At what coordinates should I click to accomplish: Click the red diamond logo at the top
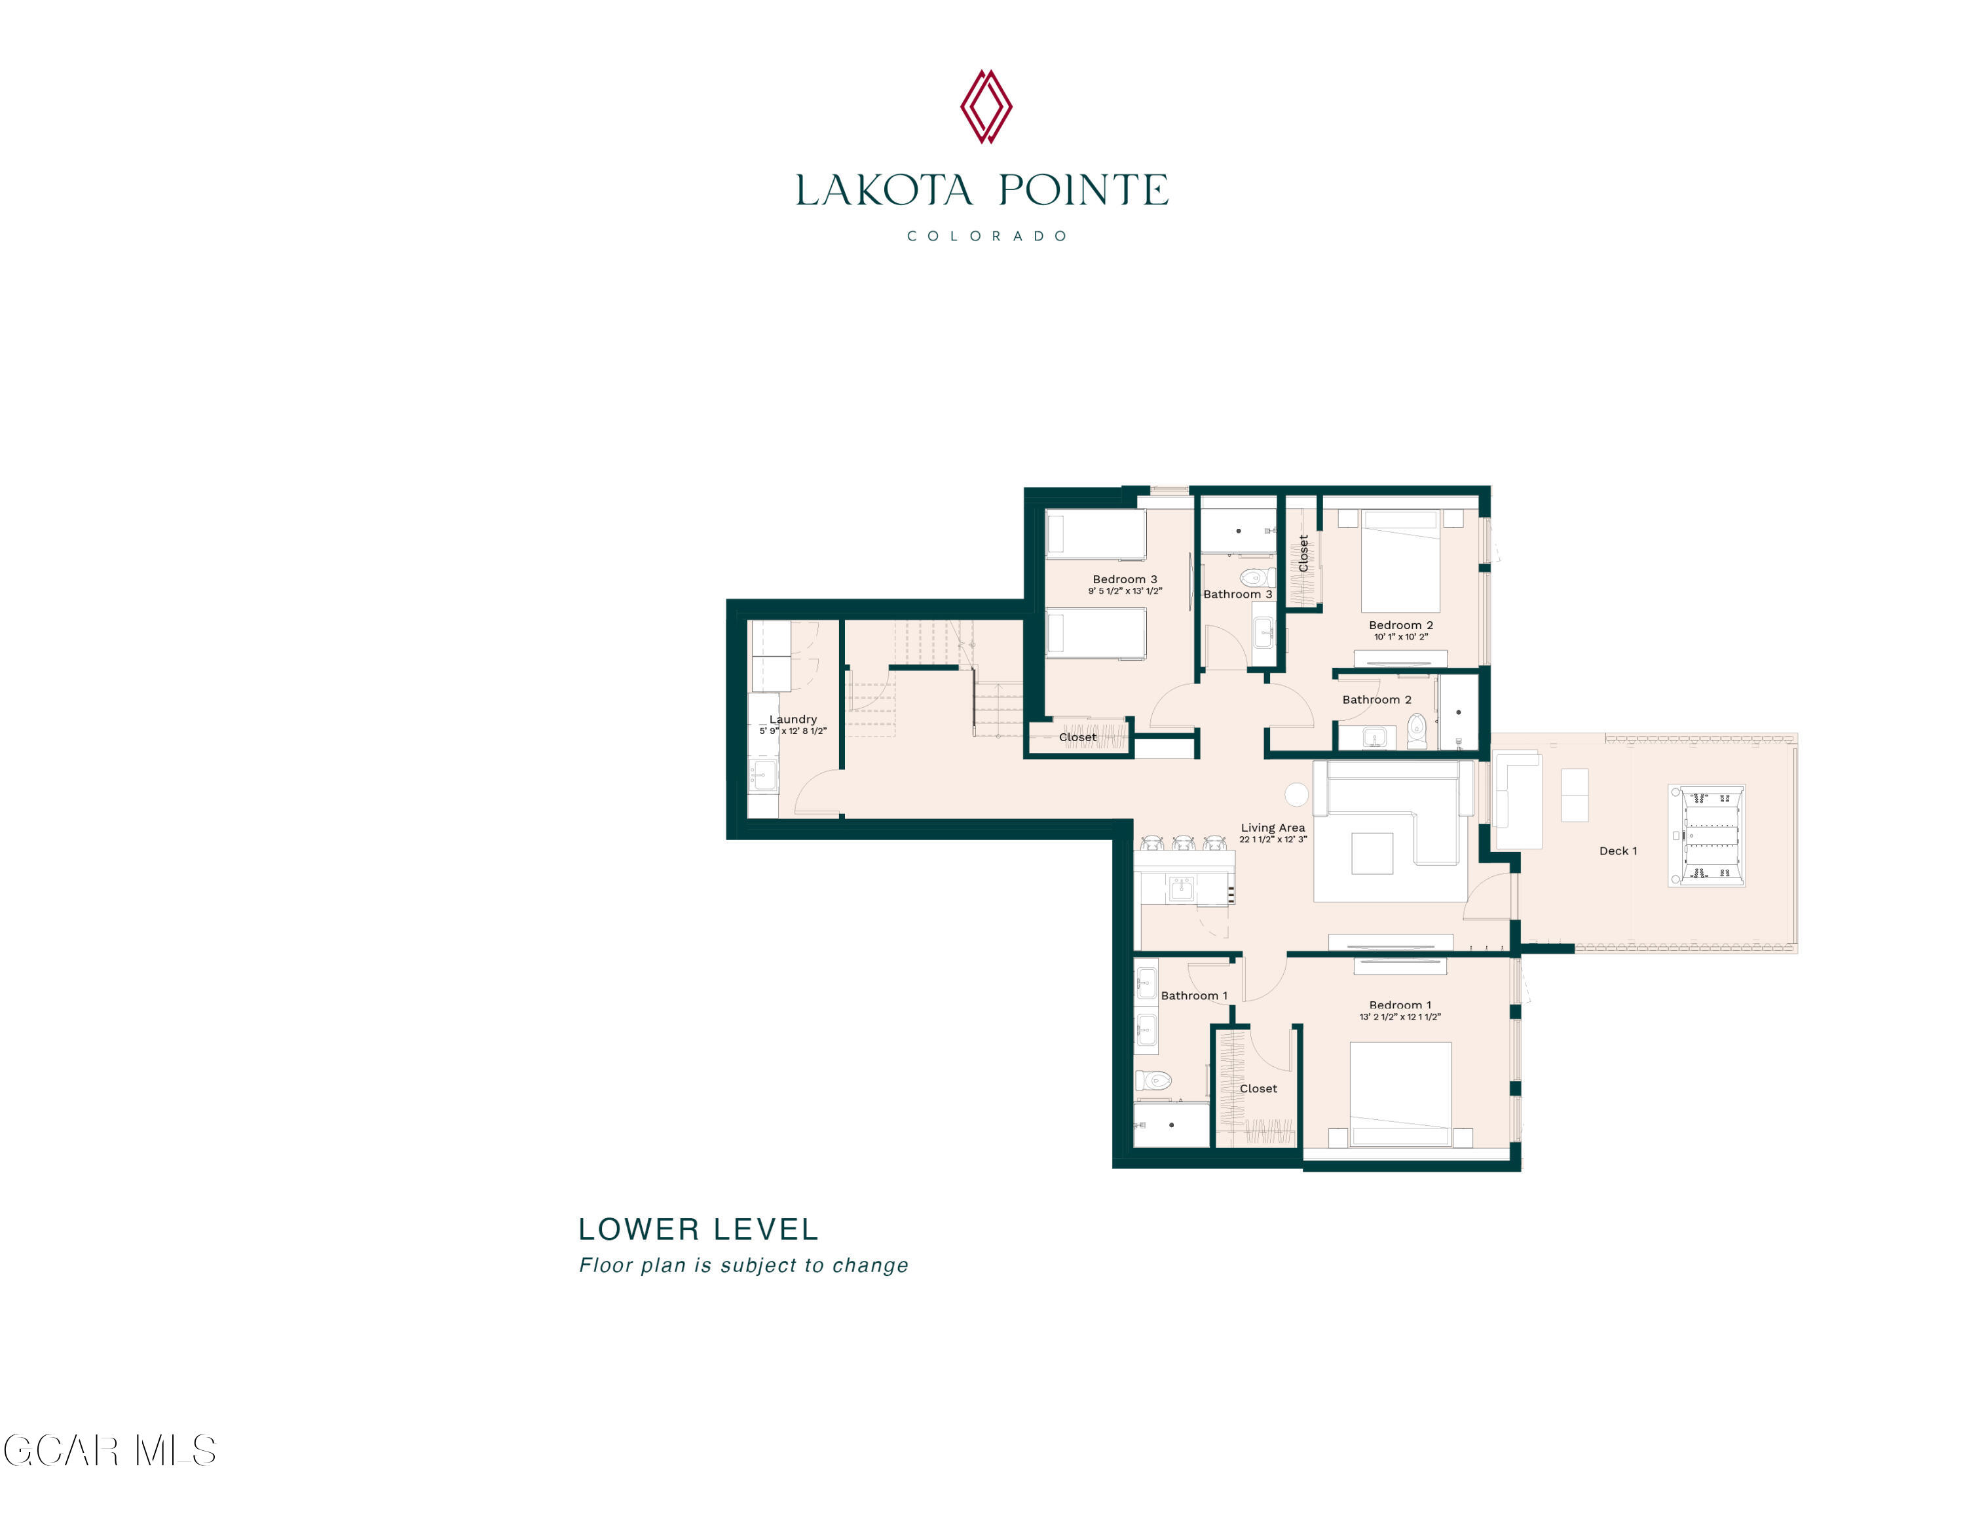985,106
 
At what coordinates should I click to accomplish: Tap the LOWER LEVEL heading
698,1229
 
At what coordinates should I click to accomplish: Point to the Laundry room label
793,719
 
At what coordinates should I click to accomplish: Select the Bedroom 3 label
1125,579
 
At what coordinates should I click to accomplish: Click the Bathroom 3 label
1237,594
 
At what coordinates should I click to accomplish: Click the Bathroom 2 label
1377,699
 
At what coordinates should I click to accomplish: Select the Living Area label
1272,827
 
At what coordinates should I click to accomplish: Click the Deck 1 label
1618,851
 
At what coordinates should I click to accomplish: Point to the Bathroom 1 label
1193,995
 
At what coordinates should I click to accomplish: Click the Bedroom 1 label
1400,1005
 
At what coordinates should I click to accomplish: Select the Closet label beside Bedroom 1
1258,1088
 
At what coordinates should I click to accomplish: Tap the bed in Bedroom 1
1400,1093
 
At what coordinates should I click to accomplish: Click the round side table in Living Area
1296,794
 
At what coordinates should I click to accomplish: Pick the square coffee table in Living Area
1372,853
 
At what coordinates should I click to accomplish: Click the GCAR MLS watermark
110,1451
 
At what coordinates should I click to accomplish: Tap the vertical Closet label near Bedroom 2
1303,554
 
